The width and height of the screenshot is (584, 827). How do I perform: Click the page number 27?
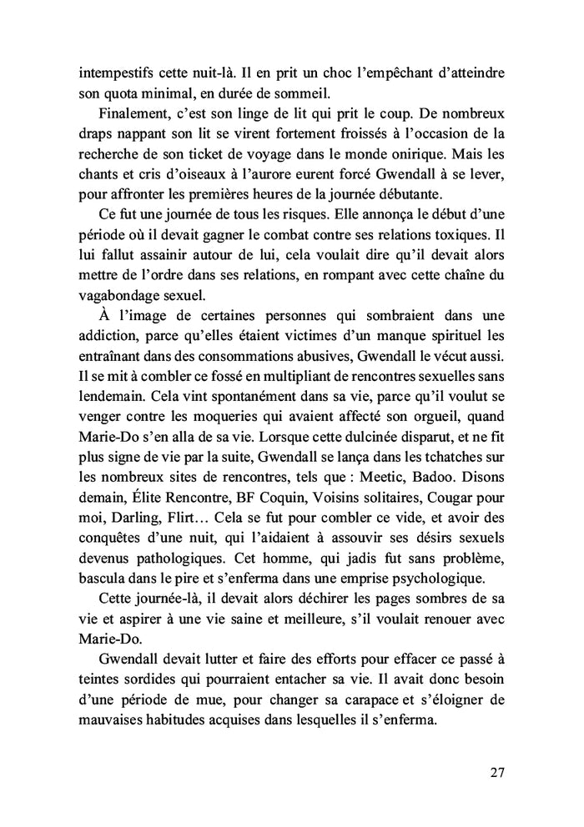click(x=496, y=772)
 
